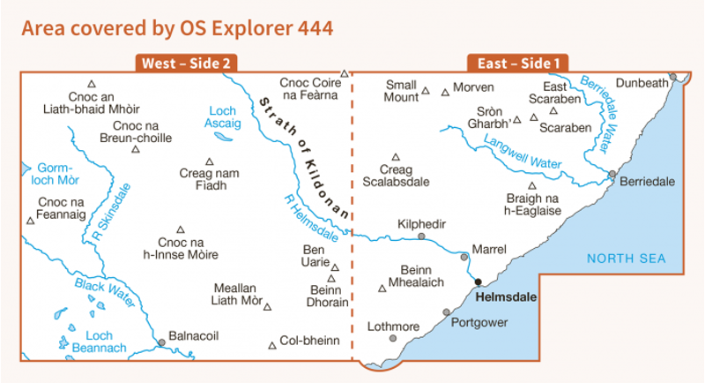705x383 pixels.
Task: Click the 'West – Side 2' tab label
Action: [185, 63]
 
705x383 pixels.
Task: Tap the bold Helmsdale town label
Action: [504, 297]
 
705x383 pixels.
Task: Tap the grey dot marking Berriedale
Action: [612, 174]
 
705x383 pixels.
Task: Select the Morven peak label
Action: [473, 87]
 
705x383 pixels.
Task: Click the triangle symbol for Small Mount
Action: [426, 90]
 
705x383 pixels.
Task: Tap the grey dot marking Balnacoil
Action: [161, 342]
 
